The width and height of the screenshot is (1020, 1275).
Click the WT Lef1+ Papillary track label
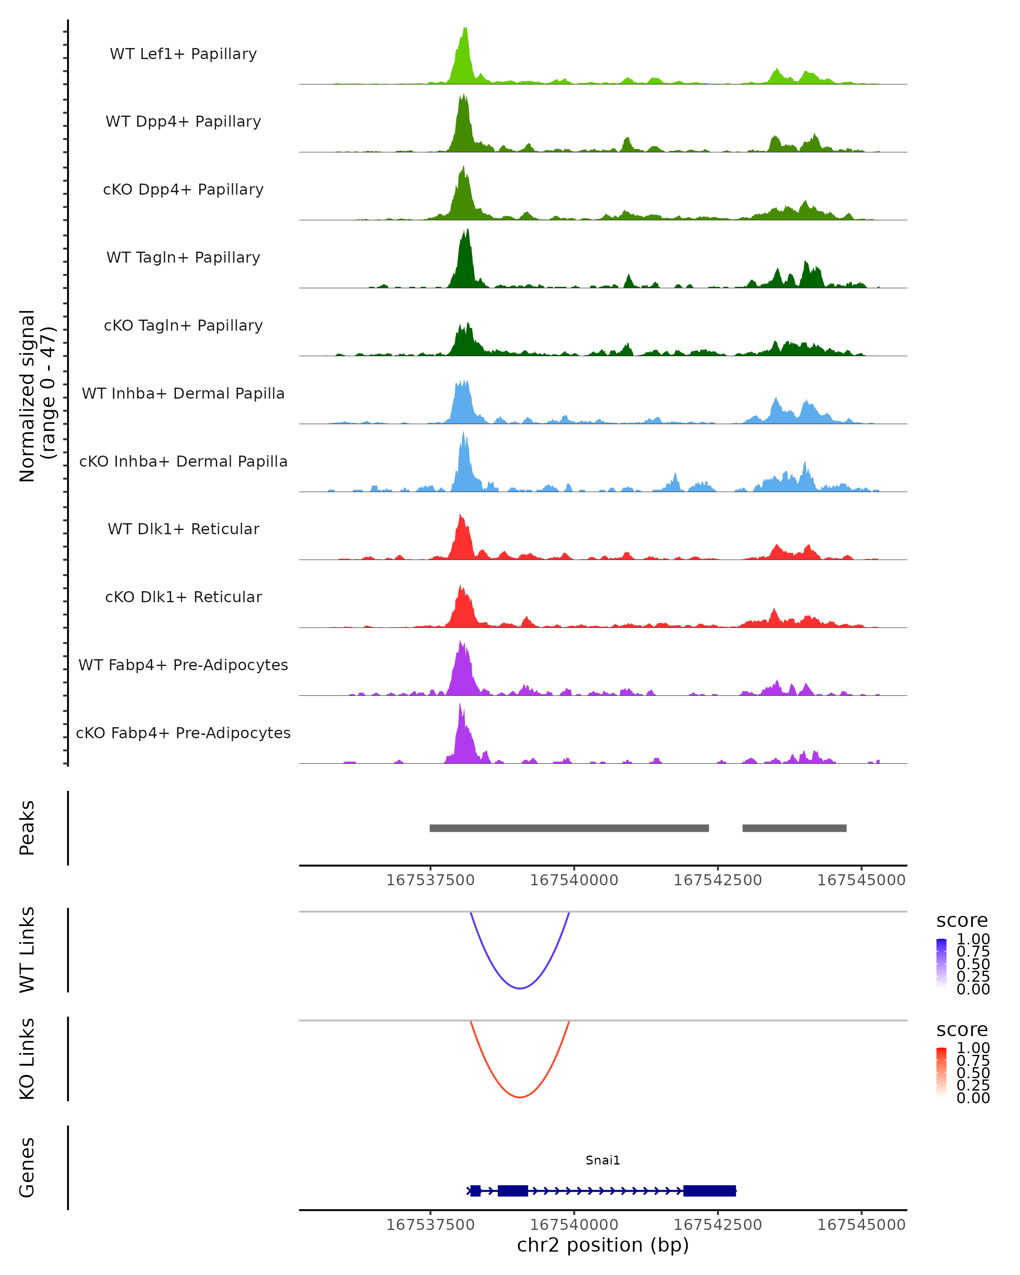click(183, 54)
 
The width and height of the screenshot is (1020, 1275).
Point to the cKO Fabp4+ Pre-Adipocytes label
click(183, 733)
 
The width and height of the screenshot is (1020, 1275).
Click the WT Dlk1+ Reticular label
click(183, 529)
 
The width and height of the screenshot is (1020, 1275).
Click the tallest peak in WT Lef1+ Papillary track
click(465, 30)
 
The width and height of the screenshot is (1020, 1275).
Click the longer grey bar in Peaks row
click(569, 828)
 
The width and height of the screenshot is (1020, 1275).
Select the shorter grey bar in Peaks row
click(794, 828)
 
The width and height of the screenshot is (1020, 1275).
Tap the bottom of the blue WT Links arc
click(520, 988)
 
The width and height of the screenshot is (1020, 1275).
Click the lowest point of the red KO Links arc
click(520, 1097)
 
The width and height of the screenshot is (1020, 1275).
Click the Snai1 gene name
click(603, 1160)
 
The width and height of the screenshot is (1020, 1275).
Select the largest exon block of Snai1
click(710, 1191)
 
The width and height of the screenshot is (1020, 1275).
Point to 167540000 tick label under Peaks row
click(574, 881)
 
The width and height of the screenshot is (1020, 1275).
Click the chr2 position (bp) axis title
click(603, 1245)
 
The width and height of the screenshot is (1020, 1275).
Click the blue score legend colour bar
click(941, 963)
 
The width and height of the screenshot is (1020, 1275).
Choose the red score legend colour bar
click(941, 1071)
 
